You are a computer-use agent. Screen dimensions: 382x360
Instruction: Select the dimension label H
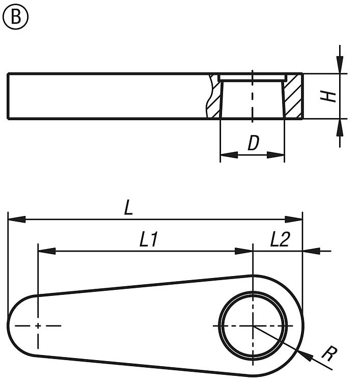coord(331,96)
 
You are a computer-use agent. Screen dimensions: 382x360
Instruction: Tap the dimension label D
coord(253,144)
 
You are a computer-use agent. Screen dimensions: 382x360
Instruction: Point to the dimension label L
coord(128,208)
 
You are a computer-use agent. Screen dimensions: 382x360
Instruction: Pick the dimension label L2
coord(279,239)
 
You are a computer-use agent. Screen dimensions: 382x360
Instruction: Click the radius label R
coord(328,354)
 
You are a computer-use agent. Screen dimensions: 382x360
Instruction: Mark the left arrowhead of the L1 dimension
coord(46,251)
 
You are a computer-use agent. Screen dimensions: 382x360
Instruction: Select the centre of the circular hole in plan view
coord(253,325)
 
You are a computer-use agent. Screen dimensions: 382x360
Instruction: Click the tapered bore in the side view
coord(252,99)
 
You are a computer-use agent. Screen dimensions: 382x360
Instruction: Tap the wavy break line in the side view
coord(210,97)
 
